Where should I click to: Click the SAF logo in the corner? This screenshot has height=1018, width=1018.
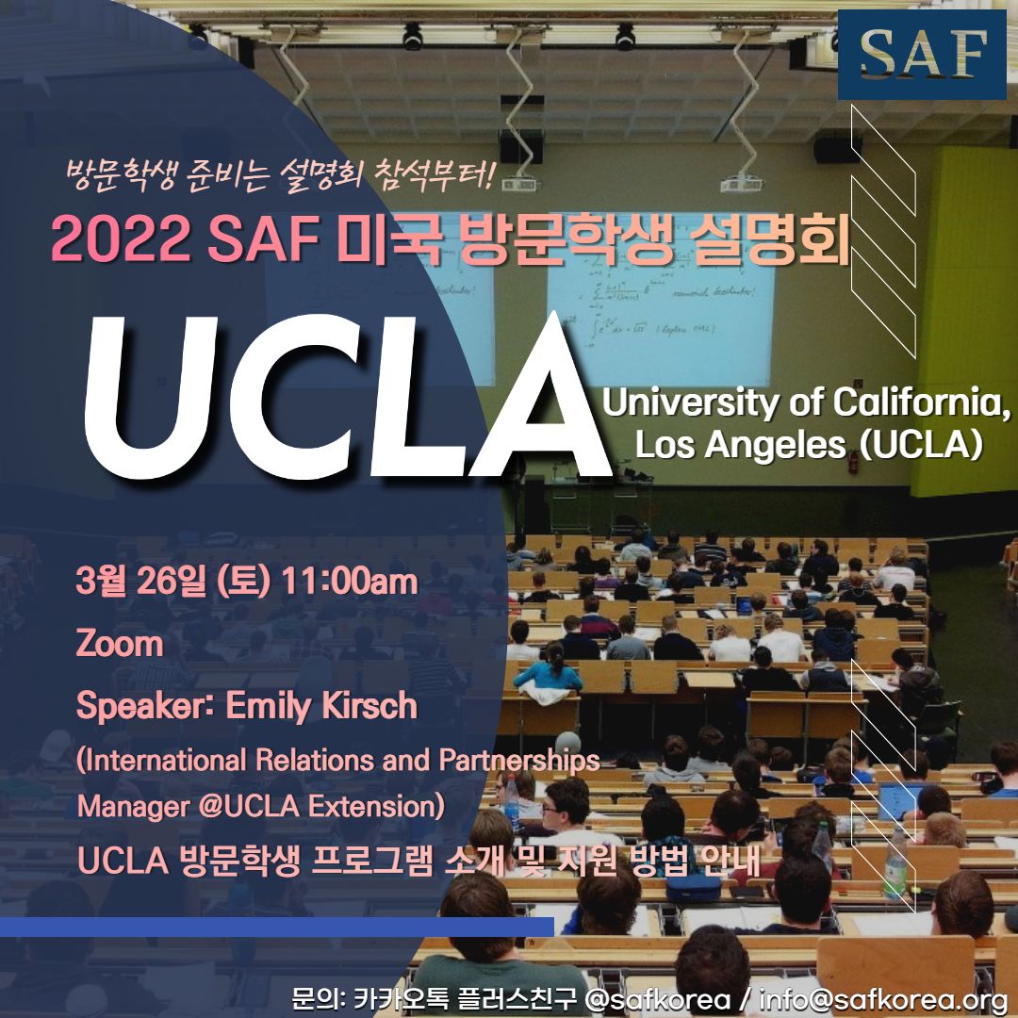point(921,55)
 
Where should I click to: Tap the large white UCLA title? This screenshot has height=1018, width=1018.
point(346,398)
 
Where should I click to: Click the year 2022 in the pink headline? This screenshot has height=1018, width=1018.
point(120,238)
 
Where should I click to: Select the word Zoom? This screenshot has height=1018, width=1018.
point(120,644)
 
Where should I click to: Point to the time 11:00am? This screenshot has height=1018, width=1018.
point(350,581)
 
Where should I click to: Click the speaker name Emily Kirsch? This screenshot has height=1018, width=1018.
point(321,706)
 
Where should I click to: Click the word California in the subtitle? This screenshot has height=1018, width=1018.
point(921,402)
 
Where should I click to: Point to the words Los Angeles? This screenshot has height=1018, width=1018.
point(741,445)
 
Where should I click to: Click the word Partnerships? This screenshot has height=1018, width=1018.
point(519,761)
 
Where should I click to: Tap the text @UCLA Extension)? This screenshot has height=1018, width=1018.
point(321,806)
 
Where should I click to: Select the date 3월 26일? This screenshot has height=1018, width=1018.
point(140,581)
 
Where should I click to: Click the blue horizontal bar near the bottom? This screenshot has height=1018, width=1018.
point(276,928)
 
